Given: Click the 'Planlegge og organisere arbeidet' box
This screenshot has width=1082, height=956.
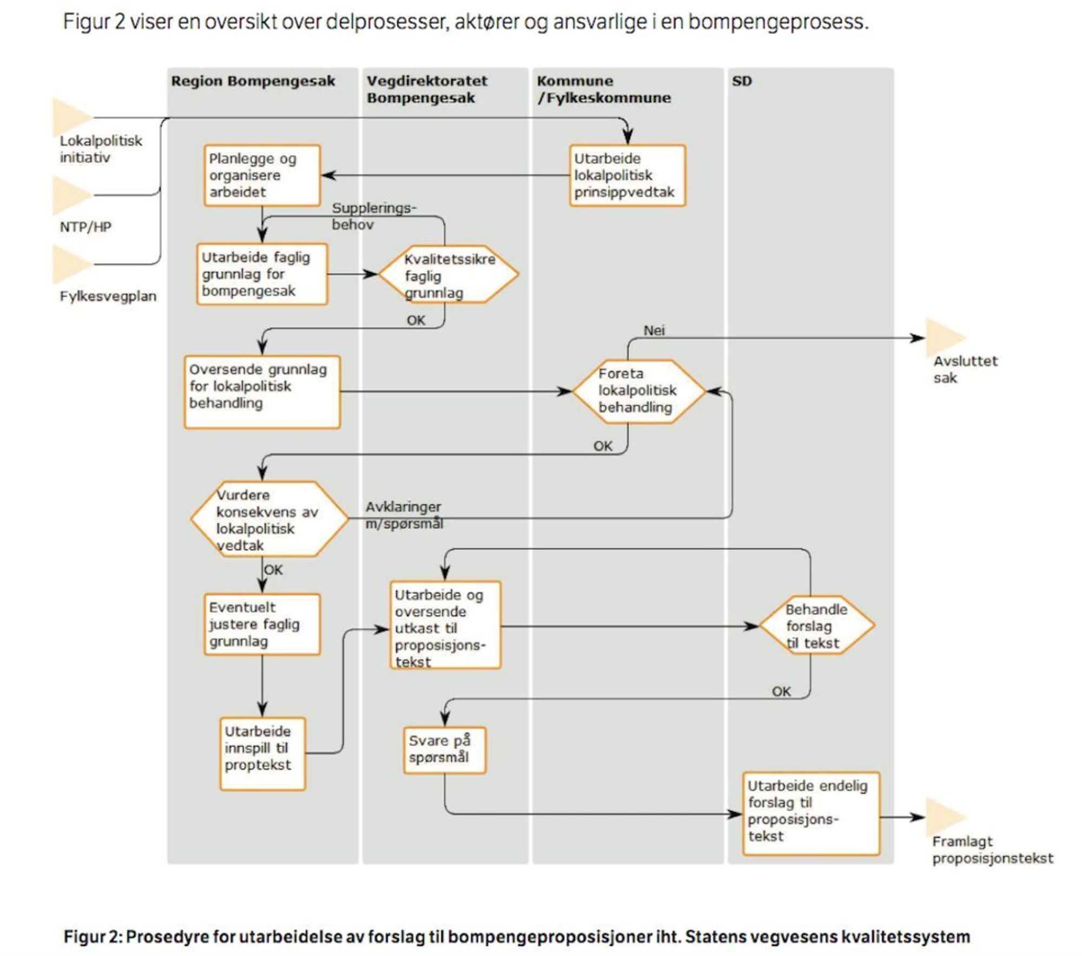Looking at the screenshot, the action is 262,175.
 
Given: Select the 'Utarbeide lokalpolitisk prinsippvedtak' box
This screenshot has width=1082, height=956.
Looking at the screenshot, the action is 628,175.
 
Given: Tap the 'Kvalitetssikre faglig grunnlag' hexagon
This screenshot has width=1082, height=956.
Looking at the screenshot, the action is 448,274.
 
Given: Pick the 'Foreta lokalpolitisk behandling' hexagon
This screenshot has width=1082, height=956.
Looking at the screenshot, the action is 639,391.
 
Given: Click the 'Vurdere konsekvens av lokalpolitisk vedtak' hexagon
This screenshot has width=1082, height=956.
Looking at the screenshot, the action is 269,519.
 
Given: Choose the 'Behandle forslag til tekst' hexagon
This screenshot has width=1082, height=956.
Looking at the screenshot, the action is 817,626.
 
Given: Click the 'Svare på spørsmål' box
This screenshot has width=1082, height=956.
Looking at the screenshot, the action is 445,750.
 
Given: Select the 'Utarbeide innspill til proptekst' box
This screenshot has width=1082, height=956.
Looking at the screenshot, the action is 262,754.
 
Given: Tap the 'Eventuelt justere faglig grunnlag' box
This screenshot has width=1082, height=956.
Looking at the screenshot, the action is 262,624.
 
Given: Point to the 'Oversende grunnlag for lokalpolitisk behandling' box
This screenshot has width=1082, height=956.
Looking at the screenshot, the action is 262,392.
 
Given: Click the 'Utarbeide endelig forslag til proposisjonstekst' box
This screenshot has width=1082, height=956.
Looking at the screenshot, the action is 811,813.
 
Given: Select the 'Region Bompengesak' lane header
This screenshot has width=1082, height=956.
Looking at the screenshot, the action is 253,81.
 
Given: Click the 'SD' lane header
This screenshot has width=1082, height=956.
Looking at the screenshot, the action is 742,81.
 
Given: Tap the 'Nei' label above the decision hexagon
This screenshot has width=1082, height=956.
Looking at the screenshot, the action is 654,330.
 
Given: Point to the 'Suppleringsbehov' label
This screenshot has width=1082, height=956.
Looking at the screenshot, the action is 374,216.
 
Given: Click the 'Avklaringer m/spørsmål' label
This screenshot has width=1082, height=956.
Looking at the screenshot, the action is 404,515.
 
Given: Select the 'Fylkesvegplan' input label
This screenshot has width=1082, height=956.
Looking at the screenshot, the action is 108,296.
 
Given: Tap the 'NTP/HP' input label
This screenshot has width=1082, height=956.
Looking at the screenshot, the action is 85,227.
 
